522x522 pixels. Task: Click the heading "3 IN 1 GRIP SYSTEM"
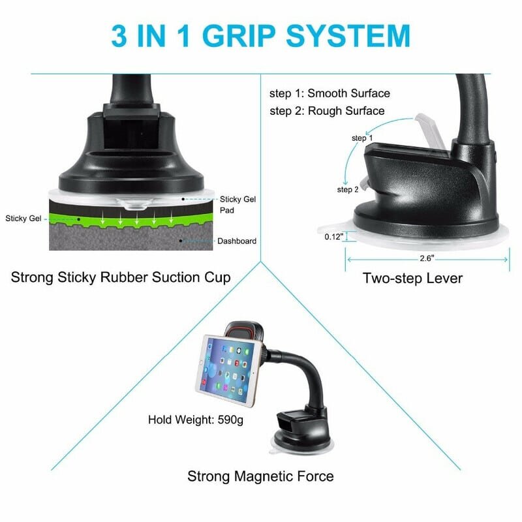tap(260, 36)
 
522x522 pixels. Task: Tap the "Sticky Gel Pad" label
tap(238, 205)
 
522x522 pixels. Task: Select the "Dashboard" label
tap(237, 241)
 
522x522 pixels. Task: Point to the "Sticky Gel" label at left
tap(23, 219)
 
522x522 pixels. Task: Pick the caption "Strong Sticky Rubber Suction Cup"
tap(121, 277)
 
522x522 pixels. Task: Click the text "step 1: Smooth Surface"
tap(330, 93)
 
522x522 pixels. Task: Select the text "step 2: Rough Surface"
tap(327, 111)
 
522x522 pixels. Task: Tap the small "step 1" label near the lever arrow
tap(362, 138)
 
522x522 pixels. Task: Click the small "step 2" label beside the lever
tap(348, 189)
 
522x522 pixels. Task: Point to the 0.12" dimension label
tap(333, 237)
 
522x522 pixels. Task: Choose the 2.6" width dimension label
tap(427, 258)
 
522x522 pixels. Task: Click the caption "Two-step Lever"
tap(412, 279)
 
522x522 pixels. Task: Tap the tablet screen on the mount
tap(228, 369)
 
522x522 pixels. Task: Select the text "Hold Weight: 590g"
tap(195, 420)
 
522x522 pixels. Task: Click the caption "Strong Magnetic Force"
tap(260, 476)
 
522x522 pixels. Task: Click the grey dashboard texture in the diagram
tap(131, 239)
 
